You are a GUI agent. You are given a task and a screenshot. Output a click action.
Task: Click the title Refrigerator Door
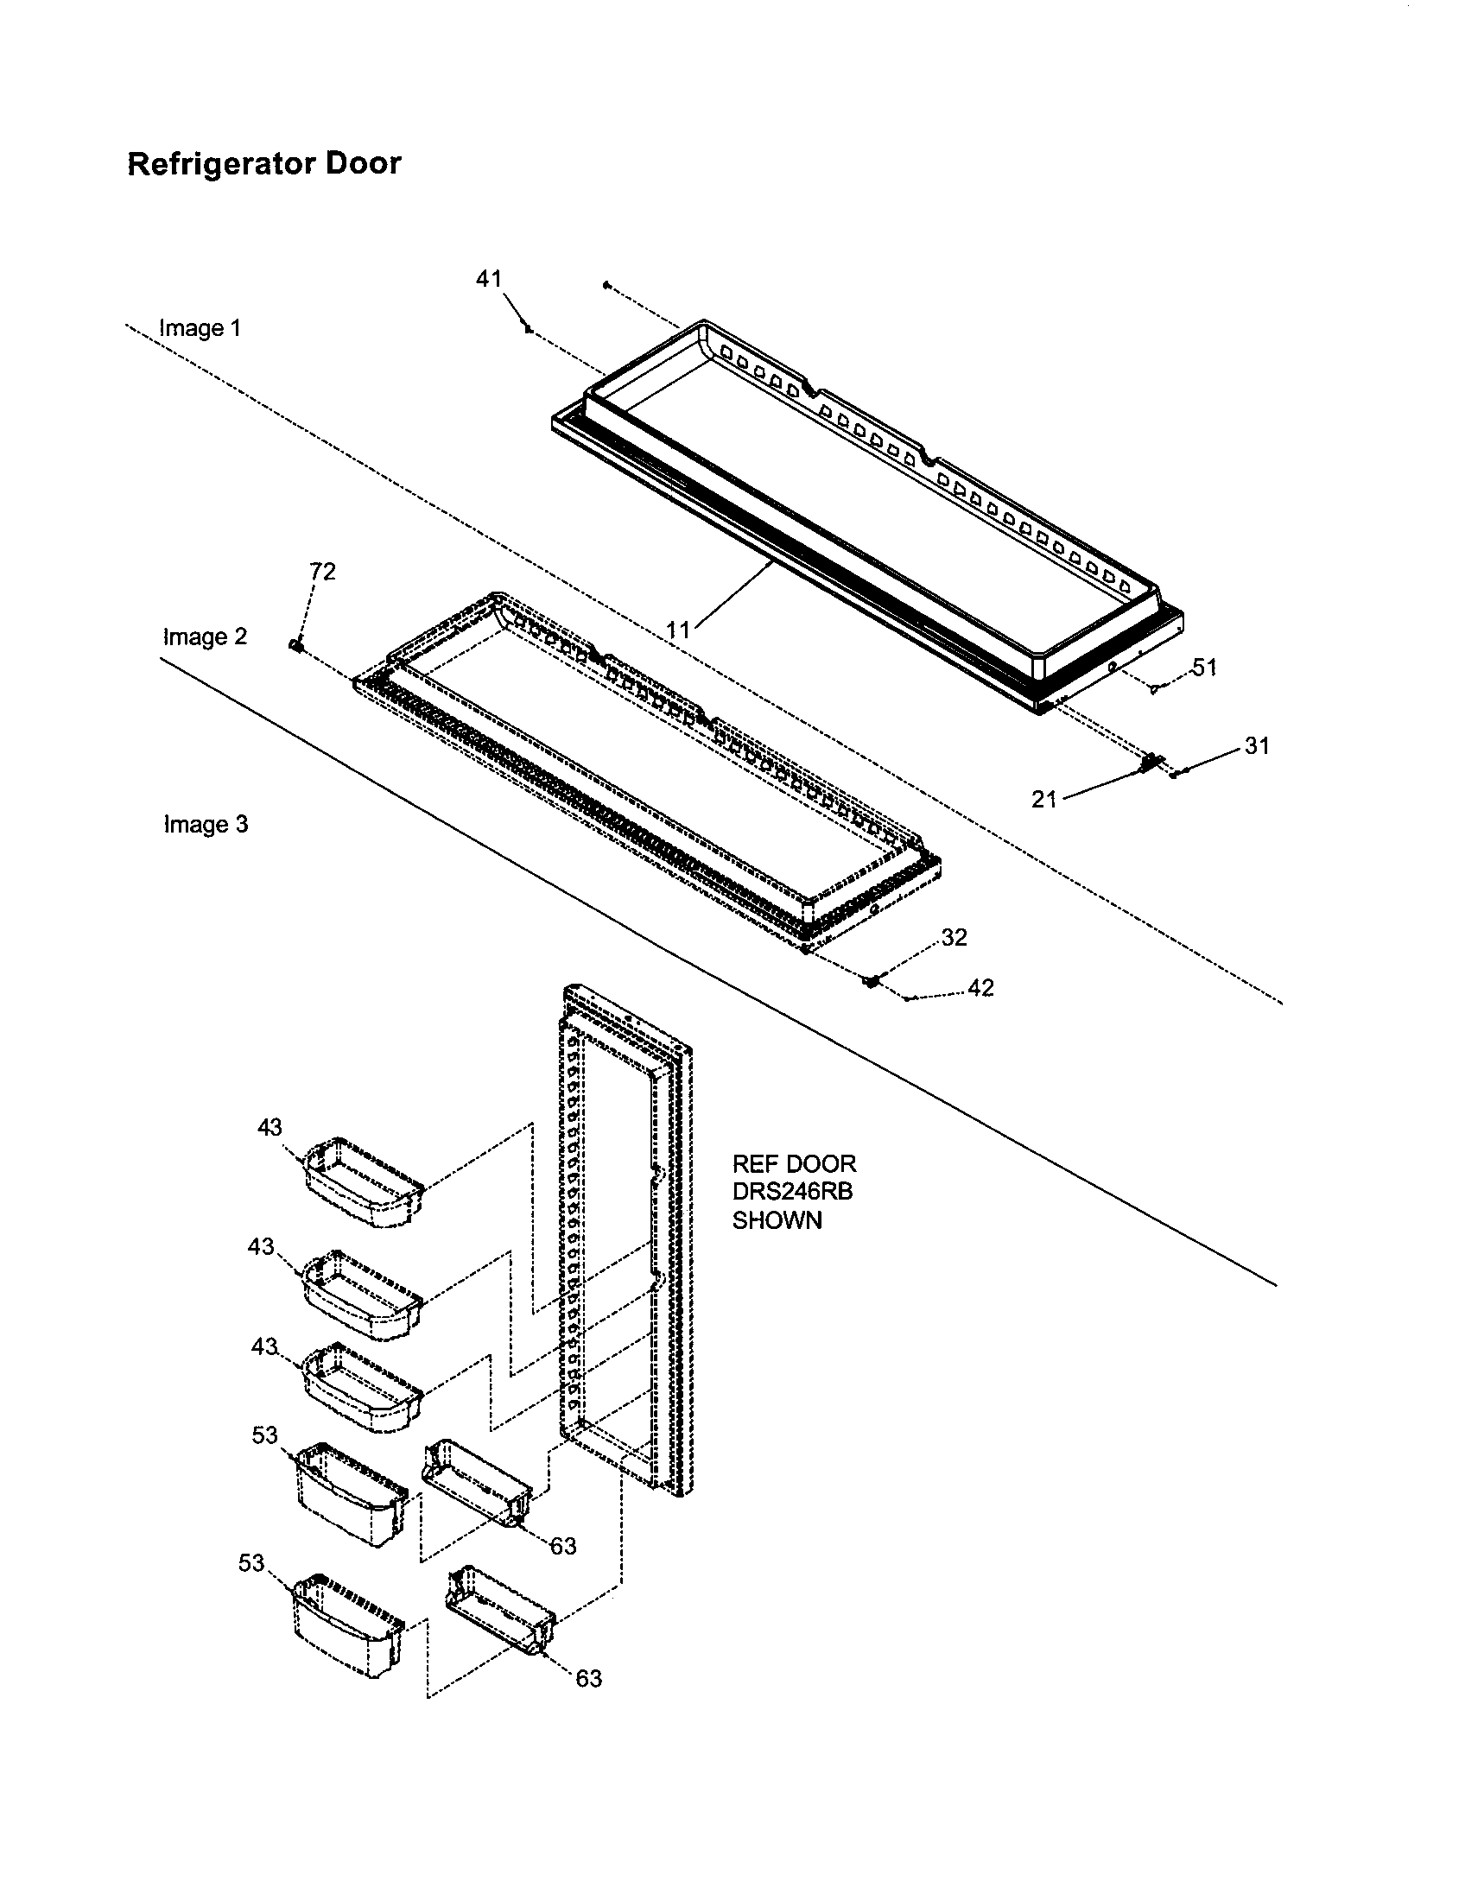coord(263,163)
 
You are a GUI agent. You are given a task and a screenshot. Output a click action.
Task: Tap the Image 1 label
coord(200,328)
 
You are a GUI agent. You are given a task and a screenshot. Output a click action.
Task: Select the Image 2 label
coord(206,636)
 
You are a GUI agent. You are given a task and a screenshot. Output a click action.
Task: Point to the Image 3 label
coord(206,824)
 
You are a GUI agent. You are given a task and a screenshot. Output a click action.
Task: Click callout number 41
coord(488,278)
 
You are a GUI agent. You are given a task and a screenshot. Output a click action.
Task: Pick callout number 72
coord(322,572)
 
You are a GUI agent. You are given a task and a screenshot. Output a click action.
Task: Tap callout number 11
coord(678,629)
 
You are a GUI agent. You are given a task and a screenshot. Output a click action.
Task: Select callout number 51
coord(1204,668)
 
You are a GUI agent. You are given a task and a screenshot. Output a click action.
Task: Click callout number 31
coord(1257,745)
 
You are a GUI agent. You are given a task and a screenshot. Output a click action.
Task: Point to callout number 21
coord(1044,799)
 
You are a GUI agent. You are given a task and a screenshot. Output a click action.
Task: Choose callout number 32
coord(954,937)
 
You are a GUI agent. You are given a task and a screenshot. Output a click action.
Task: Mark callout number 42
coord(980,988)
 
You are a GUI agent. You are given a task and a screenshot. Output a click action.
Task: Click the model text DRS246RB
coord(792,1192)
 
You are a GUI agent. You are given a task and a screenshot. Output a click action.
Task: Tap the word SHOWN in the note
coord(777,1220)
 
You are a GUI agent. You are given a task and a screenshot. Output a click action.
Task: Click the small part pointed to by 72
coord(295,644)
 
